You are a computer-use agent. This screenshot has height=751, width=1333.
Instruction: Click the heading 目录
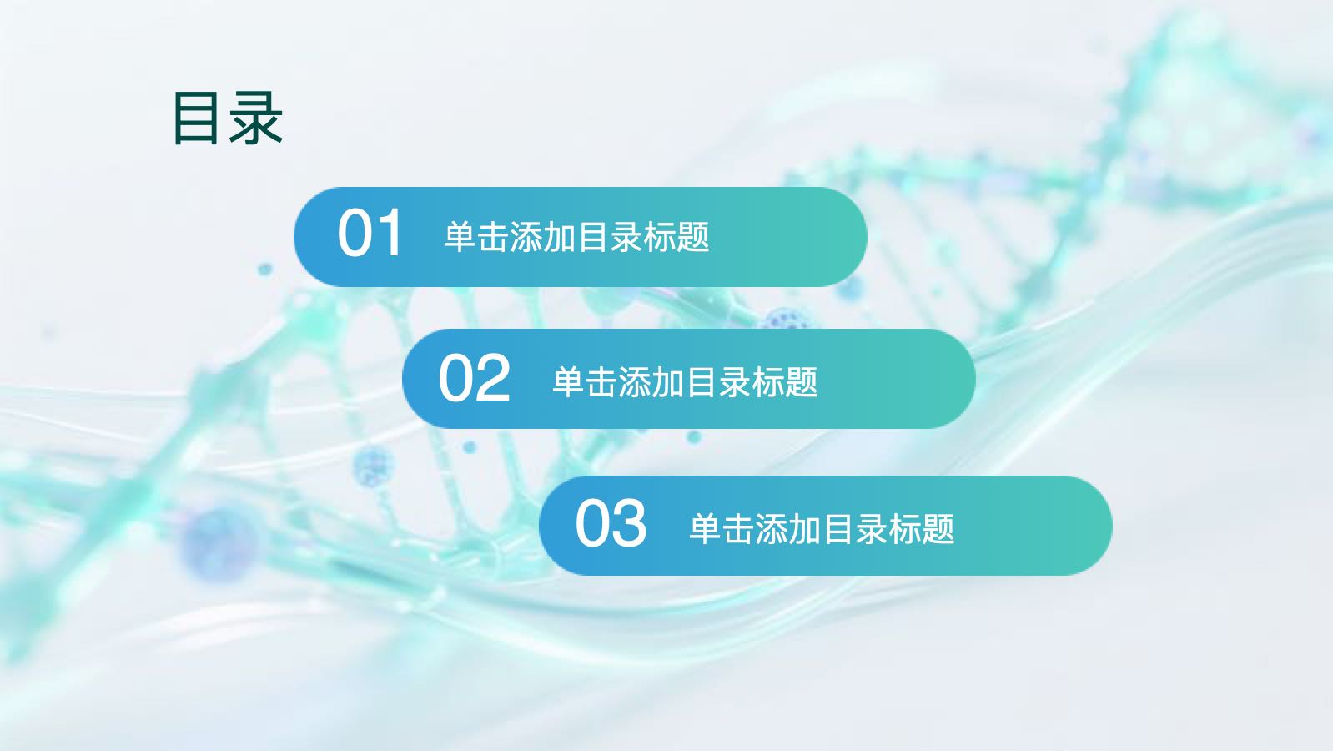228,118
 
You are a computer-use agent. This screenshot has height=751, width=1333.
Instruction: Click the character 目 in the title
194,118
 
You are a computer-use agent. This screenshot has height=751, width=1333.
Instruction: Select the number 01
369,233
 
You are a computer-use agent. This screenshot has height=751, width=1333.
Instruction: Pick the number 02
475,377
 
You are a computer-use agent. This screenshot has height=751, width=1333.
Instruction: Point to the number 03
611,524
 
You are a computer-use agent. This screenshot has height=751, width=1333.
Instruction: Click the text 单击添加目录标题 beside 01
576,237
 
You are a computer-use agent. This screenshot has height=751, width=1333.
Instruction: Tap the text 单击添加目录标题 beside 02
685,382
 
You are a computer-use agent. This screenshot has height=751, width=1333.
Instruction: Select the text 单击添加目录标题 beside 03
822,528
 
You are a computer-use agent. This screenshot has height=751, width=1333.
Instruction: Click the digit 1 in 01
390,233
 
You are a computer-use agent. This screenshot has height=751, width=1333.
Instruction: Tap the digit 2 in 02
493,377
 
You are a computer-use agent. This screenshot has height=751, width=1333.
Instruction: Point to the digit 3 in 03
630,524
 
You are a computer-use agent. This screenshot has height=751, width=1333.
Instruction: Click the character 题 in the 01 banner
693,237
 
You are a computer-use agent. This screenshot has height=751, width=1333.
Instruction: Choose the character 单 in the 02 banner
569,382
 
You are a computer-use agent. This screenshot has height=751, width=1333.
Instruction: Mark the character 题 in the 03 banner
938,528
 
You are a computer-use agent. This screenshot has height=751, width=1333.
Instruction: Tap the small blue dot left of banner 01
264,269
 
